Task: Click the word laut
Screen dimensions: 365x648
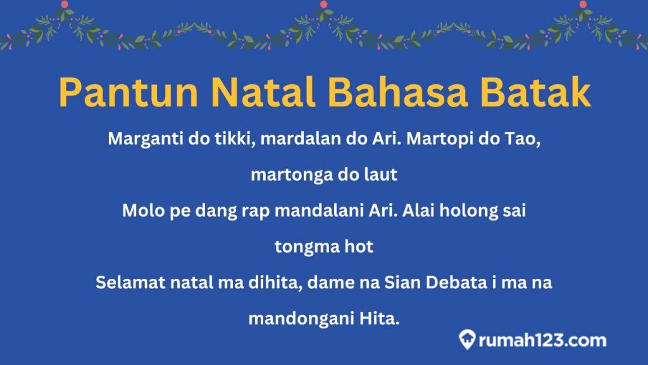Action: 382,175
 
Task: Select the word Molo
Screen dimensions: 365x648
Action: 140,211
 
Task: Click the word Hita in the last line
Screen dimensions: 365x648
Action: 383,319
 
